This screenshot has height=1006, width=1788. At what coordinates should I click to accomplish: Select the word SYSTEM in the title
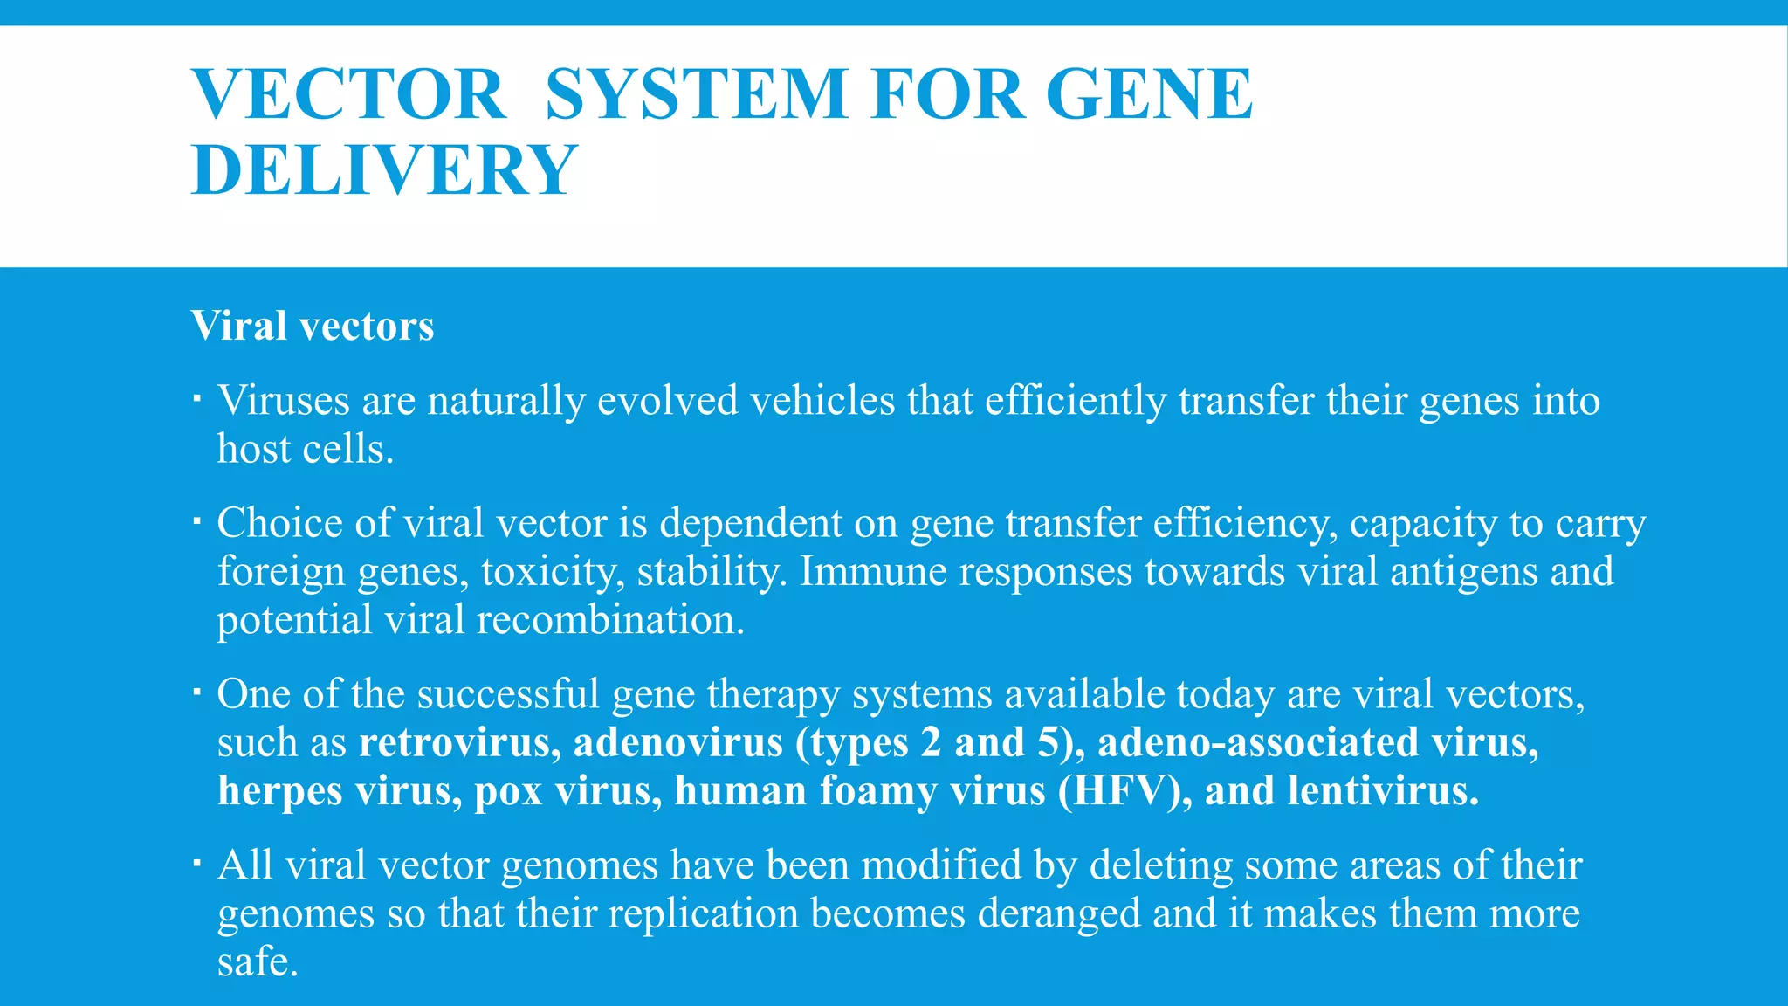coord(696,94)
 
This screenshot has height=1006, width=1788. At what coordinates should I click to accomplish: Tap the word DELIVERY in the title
coord(384,169)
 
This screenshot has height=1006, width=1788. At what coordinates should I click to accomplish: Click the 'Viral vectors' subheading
coord(313,326)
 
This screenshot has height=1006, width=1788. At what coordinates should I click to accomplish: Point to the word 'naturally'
coord(505,402)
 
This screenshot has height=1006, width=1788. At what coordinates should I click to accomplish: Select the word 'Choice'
coord(279,523)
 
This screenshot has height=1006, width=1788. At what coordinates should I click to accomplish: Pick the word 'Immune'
coord(873,571)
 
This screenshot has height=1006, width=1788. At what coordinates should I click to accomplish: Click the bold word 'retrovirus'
coord(454,742)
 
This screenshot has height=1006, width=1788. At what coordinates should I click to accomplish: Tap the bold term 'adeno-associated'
coord(1258,742)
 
